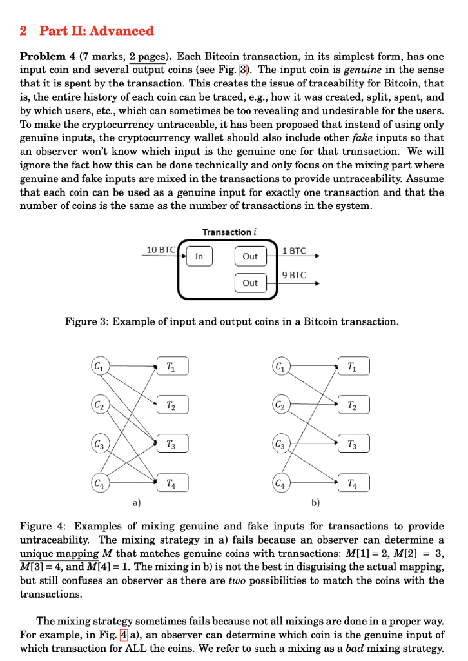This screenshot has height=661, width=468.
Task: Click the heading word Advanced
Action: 122,30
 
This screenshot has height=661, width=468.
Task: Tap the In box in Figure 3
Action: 199,256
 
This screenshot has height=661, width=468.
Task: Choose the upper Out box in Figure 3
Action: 250,256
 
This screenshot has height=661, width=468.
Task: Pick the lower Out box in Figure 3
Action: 250,283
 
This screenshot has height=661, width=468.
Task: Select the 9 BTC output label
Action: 295,276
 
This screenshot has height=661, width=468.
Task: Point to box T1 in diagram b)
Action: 353,367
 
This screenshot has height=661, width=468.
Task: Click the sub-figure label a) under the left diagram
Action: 136,502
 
